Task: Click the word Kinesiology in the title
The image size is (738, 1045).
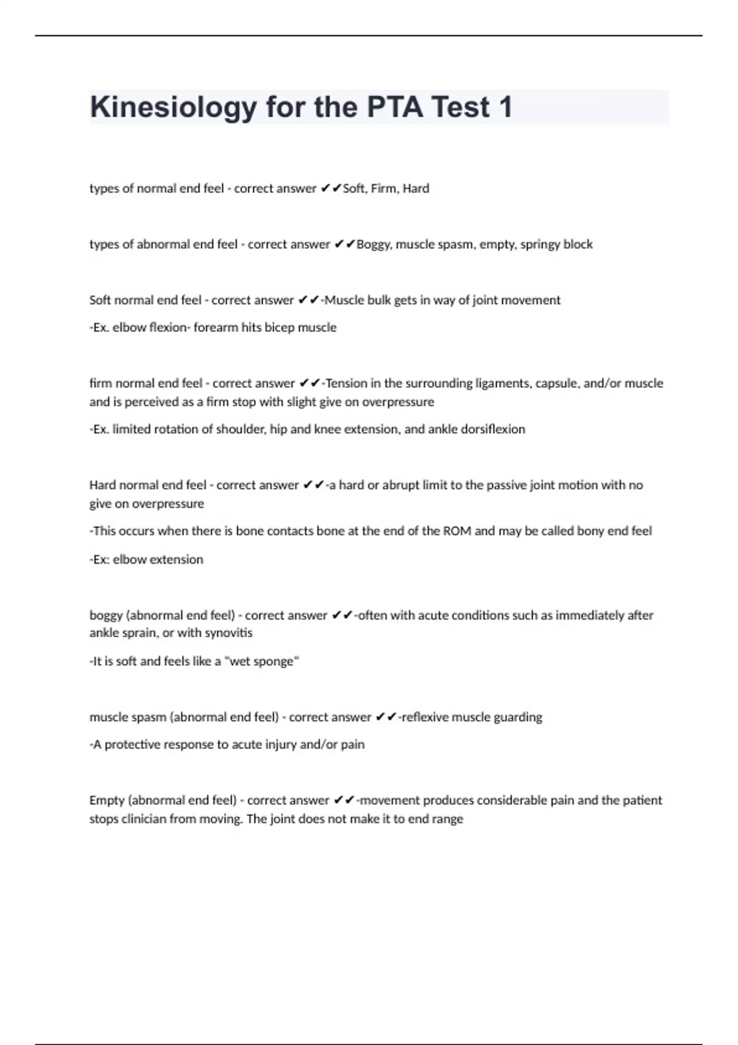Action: [x=173, y=108]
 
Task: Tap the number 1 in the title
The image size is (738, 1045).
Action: [x=506, y=107]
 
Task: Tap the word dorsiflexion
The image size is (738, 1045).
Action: [x=491, y=429]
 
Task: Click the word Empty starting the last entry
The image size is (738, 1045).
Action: [x=106, y=800]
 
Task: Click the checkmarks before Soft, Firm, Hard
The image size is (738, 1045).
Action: [x=330, y=188]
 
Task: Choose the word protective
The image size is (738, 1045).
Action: [x=132, y=744]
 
